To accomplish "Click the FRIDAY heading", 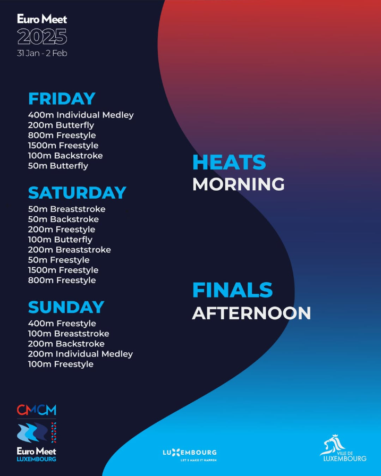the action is [x=62, y=99].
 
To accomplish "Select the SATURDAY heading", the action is [x=77, y=193].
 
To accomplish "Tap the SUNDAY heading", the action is [x=66, y=307].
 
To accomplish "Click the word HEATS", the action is [x=229, y=163].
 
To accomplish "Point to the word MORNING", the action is [x=239, y=184].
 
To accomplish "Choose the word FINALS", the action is [x=233, y=290].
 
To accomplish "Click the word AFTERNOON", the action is [x=252, y=313].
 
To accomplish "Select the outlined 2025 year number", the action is [x=42, y=37].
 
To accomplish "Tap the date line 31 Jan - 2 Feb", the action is [x=42, y=54].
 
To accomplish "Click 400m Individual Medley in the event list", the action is [x=81, y=115].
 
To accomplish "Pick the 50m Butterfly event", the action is [x=58, y=166].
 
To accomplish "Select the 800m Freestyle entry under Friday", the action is [x=62, y=135].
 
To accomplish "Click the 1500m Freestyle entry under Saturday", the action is [x=63, y=270].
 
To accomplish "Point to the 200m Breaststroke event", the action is [x=70, y=250].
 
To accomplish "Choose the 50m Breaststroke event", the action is [x=67, y=209].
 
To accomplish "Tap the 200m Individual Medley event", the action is [x=80, y=354].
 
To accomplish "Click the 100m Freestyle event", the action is [x=61, y=364].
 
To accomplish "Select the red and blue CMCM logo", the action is [x=37, y=410].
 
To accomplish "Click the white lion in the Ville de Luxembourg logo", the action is [x=333, y=445].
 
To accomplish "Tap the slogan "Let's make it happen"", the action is [x=199, y=460].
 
